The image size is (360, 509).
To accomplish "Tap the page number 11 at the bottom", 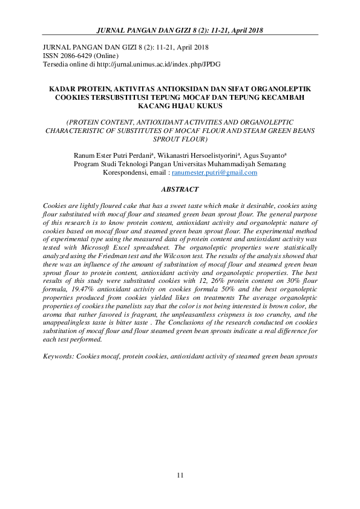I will (180, 476).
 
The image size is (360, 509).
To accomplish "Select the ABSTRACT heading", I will (180, 189).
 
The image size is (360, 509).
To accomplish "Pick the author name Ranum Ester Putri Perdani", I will (113, 155).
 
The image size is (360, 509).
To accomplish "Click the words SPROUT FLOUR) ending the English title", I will (180, 138).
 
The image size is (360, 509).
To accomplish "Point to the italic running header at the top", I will (180, 30).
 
